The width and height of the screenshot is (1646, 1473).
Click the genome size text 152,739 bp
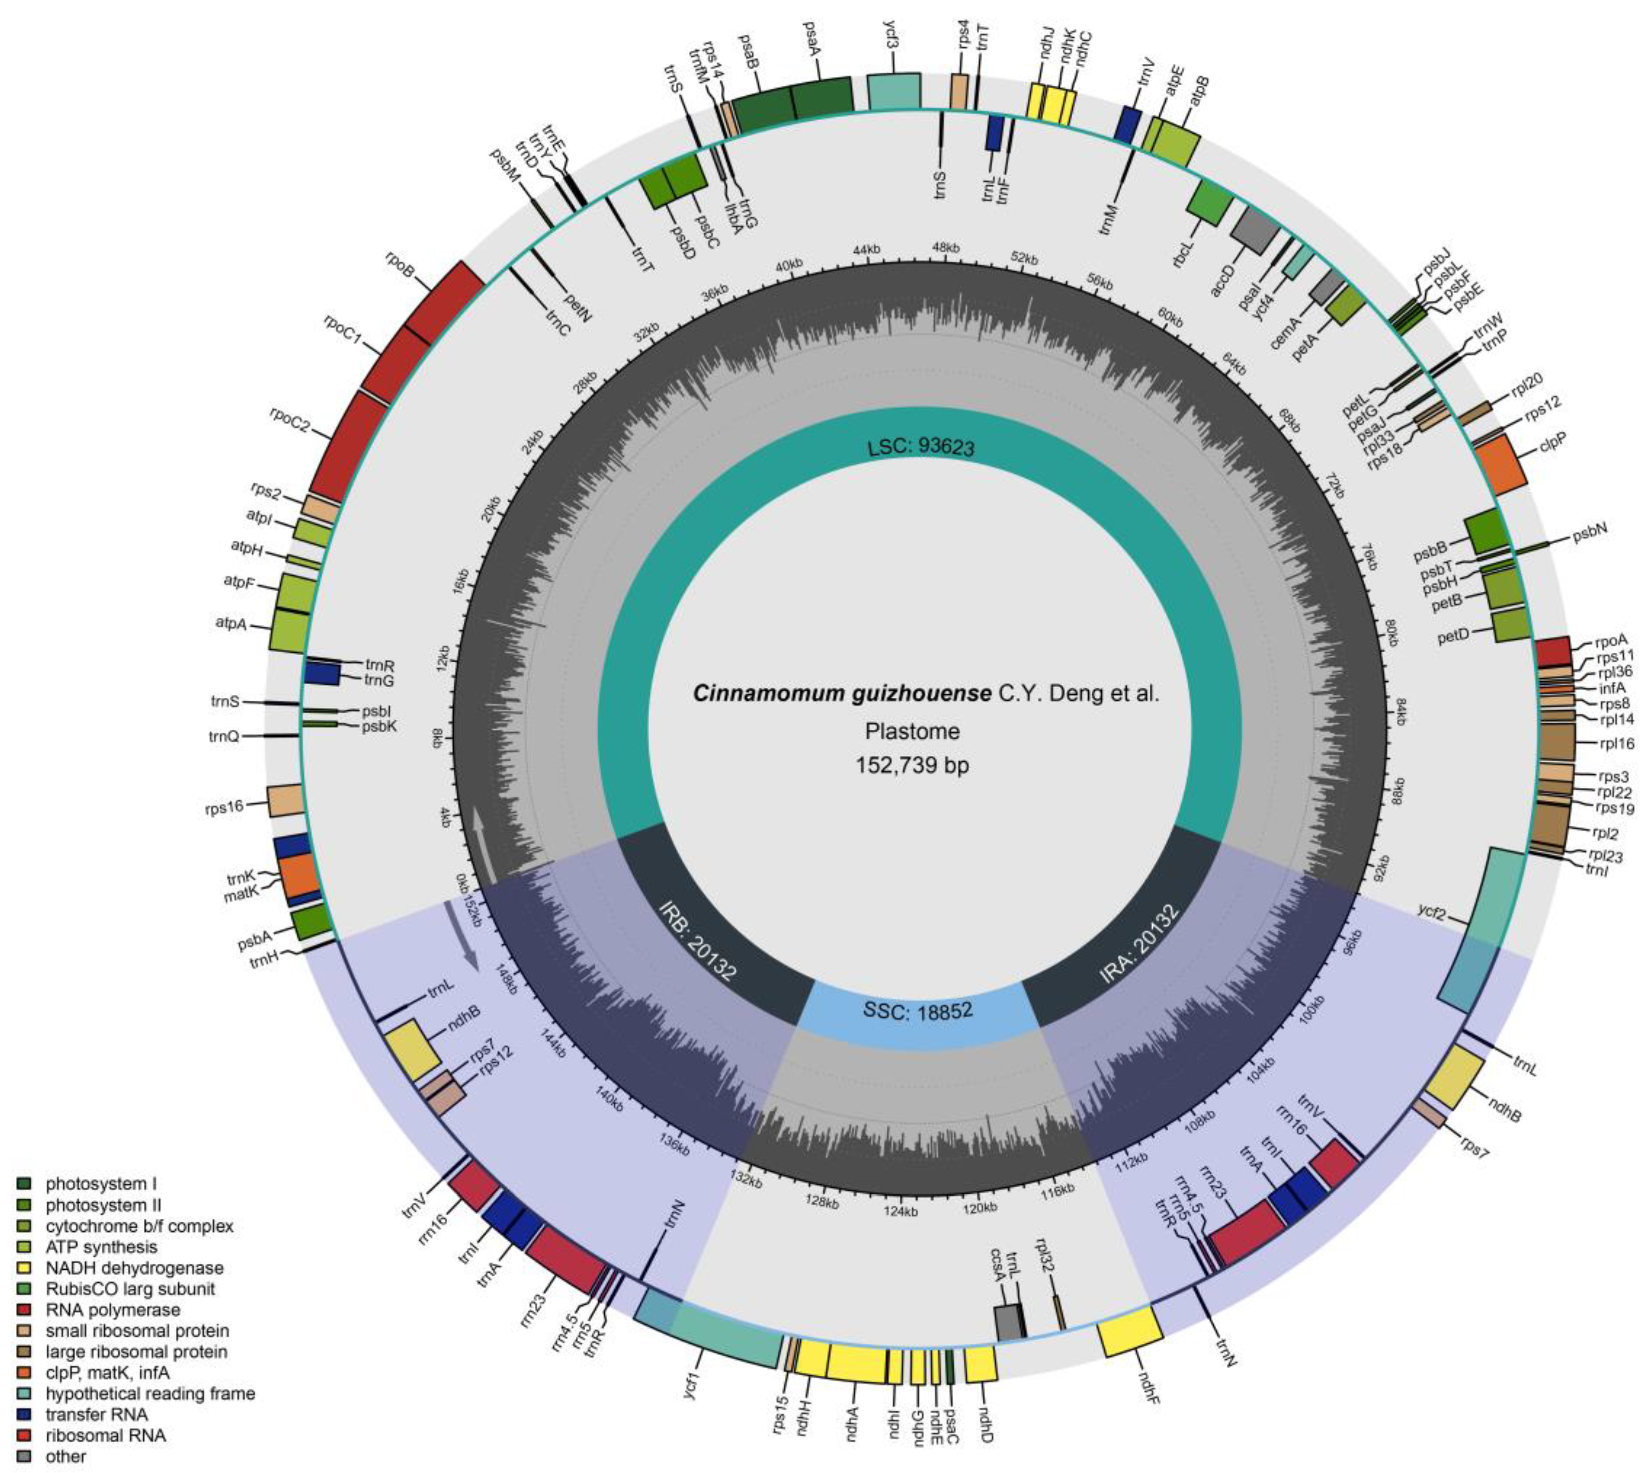coord(912,765)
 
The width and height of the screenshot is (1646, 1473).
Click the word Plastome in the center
coord(912,732)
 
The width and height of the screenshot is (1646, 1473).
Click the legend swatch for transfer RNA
coord(23,1415)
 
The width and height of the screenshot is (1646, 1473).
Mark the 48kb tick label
coord(945,247)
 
